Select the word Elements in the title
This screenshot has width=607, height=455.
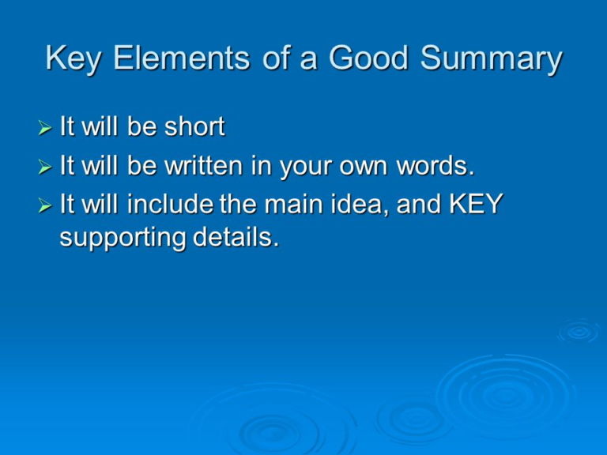click(x=186, y=59)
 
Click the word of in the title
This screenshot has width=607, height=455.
click(x=276, y=59)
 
